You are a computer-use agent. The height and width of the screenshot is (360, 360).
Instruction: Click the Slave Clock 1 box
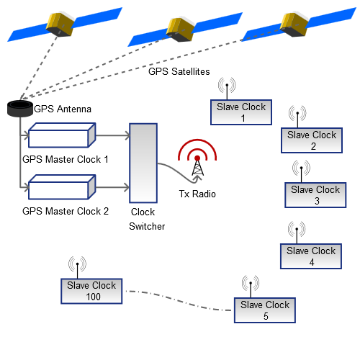click(241, 112)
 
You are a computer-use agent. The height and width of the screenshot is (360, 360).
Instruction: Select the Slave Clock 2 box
click(311, 140)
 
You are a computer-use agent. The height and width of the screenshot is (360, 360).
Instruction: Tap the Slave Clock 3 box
click(316, 195)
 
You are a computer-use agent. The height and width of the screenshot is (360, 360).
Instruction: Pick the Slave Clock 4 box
click(311, 256)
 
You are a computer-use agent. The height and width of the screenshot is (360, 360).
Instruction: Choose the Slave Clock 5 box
click(265, 310)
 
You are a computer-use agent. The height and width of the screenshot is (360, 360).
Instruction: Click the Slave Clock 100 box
click(91, 291)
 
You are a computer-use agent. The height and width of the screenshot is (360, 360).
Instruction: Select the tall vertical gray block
click(143, 163)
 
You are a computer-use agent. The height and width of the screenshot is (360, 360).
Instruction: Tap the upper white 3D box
click(60, 135)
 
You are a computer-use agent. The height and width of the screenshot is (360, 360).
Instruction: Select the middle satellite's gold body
click(180, 28)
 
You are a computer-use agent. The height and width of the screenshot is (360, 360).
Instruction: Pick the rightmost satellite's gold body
click(294, 23)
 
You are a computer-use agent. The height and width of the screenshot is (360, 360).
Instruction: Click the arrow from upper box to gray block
click(112, 135)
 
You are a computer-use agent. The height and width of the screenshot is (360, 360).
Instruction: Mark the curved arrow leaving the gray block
click(180, 173)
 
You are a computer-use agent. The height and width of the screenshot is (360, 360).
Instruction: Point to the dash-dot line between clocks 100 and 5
click(180, 301)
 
